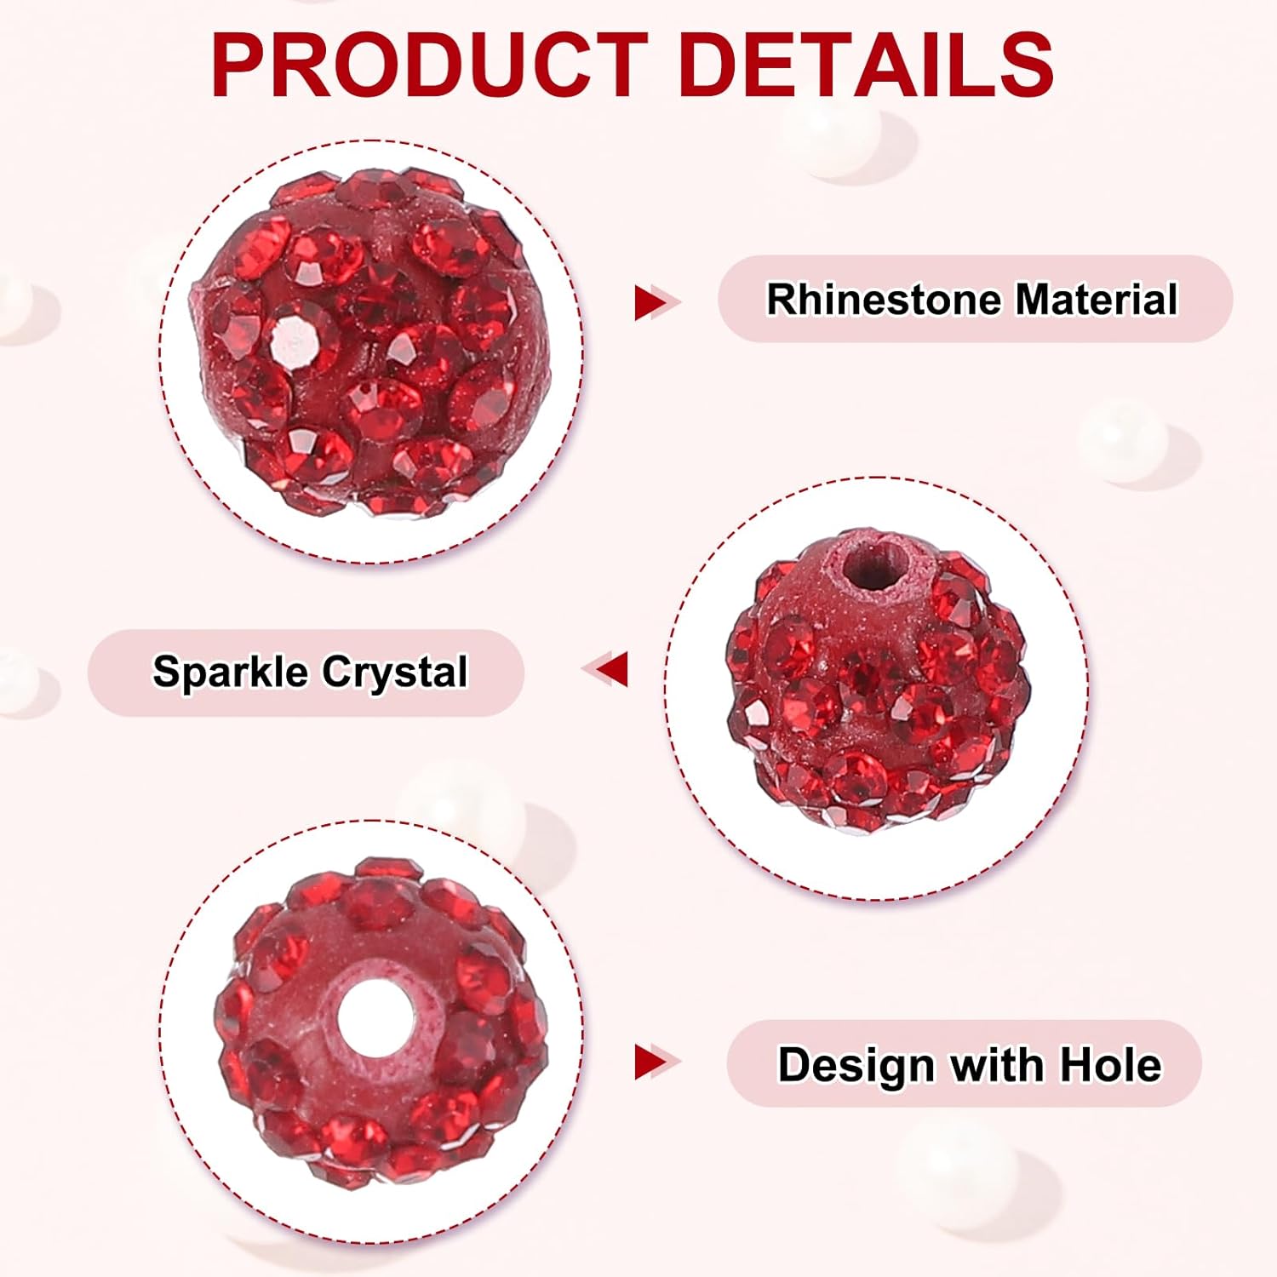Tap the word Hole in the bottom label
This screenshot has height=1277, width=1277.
point(1110,1064)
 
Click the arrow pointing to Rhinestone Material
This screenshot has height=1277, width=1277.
point(654,303)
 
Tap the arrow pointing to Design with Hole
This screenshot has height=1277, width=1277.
point(654,1062)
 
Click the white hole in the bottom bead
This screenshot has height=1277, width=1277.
point(376,1017)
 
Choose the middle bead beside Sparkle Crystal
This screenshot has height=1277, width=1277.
point(877,681)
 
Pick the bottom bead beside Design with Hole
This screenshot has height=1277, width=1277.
point(379,1022)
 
